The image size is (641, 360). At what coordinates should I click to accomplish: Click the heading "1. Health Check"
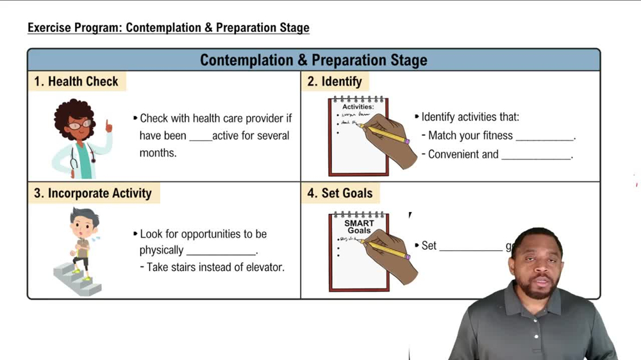pyautogui.click(x=76, y=81)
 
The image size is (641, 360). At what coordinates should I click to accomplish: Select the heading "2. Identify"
pyautogui.click(x=334, y=81)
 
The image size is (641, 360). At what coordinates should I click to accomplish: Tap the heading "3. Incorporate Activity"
pyautogui.click(x=93, y=193)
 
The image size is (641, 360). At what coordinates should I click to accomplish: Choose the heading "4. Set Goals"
pyautogui.click(x=340, y=193)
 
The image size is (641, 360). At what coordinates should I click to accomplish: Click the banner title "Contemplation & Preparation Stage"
pyautogui.click(x=313, y=60)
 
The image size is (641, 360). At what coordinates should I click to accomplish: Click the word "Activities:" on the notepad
pyautogui.click(x=358, y=107)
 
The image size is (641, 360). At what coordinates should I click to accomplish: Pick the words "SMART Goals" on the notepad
pyautogui.click(x=359, y=227)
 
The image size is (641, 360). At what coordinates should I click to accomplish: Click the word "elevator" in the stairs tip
pyautogui.click(x=263, y=267)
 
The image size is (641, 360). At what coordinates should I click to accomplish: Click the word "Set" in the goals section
pyautogui.click(x=429, y=245)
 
